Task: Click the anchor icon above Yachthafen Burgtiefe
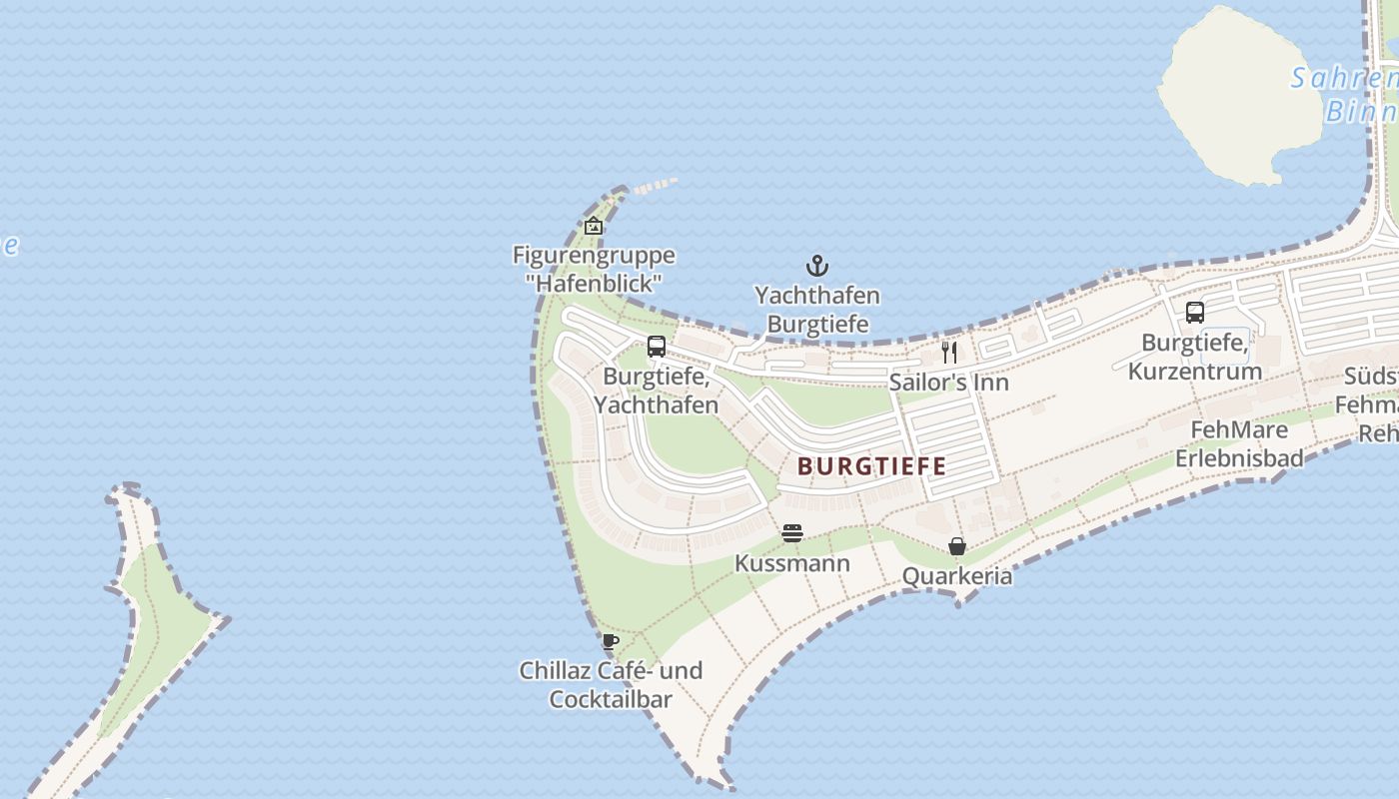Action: click(817, 266)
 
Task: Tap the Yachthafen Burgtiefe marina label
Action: click(817, 310)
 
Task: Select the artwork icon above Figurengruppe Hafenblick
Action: click(594, 226)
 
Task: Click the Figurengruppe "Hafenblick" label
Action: click(594, 269)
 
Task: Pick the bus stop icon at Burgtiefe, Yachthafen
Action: click(657, 347)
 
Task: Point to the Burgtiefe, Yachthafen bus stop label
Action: click(657, 391)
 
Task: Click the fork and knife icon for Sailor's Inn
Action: click(949, 352)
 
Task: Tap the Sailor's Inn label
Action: click(949, 383)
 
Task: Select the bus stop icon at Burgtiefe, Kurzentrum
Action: click(1194, 313)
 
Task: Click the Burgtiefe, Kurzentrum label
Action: click(1194, 357)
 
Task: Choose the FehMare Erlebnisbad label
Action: click(1239, 443)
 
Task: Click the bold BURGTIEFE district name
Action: click(871, 466)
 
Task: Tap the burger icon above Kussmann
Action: click(792, 533)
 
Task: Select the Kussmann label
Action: click(792, 563)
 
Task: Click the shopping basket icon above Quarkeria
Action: click(957, 546)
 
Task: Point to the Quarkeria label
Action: click(957, 576)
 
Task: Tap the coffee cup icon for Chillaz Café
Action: click(611, 641)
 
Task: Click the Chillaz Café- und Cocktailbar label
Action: click(611, 684)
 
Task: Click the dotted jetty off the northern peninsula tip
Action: click(655, 185)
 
